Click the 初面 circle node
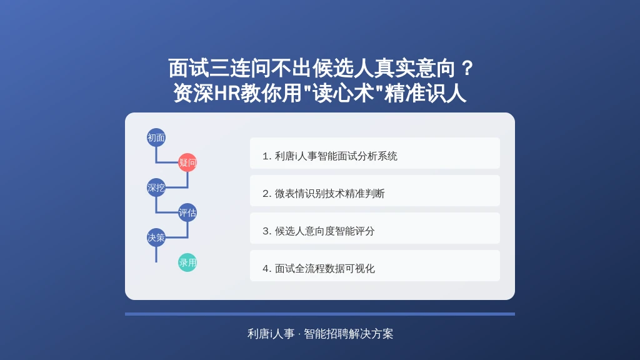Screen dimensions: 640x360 pyautogui.click(x=156, y=137)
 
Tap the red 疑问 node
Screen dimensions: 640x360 pyautogui.click(x=187, y=162)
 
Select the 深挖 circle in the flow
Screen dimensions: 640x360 pyautogui.click(x=156, y=187)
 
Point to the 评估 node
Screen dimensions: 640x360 pyautogui.click(x=187, y=212)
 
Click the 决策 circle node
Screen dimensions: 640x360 pyautogui.click(x=156, y=237)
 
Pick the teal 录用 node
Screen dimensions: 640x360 pyautogui.click(x=187, y=262)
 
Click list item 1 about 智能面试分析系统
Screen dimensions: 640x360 pyautogui.click(x=375, y=153)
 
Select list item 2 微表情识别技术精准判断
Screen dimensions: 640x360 pyautogui.click(x=375, y=191)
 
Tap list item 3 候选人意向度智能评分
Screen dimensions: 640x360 pyautogui.click(x=375, y=228)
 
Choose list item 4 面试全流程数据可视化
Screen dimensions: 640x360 pyautogui.click(x=375, y=266)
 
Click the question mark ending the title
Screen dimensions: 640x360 pyautogui.click(x=467, y=68)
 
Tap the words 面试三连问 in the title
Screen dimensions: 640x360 pyautogui.click(x=219, y=68)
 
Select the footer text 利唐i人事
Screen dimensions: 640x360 pyautogui.click(x=271, y=334)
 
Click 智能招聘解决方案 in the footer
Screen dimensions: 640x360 pyautogui.click(x=349, y=334)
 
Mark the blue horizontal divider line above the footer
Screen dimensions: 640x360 pyautogui.click(x=320, y=314)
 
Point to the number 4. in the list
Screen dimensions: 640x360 pyautogui.click(x=267, y=269)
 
